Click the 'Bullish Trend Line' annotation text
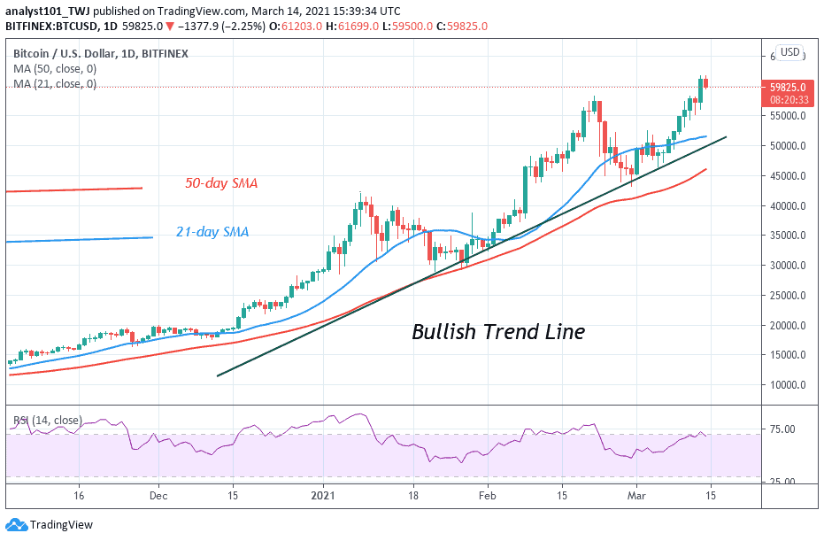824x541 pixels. tap(498, 332)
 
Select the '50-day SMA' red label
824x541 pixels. tap(221, 183)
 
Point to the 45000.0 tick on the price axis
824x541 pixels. tap(787, 176)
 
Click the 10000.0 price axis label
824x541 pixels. tap(787, 385)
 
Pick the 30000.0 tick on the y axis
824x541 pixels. tap(787, 266)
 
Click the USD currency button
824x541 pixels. tap(789, 53)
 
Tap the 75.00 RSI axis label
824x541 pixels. tap(781, 430)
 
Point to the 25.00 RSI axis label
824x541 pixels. tap(781, 482)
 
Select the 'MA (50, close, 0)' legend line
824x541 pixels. tap(54, 70)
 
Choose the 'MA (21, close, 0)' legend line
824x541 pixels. tap(54, 84)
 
